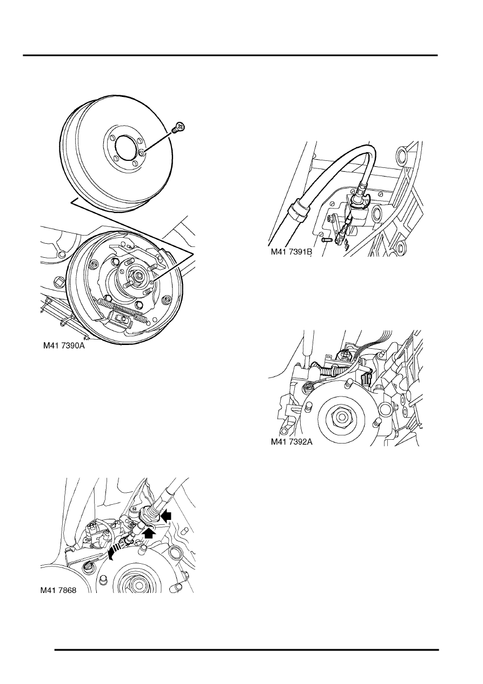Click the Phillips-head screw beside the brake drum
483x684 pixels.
[x=179, y=127]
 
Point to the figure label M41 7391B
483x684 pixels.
[x=292, y=252]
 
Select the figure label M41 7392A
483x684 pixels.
[x=292, y=442]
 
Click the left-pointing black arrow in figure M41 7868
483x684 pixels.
[x=166, y=516]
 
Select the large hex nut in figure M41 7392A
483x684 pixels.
[x=340, y=416]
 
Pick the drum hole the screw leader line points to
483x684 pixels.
[x=142, y=152]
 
